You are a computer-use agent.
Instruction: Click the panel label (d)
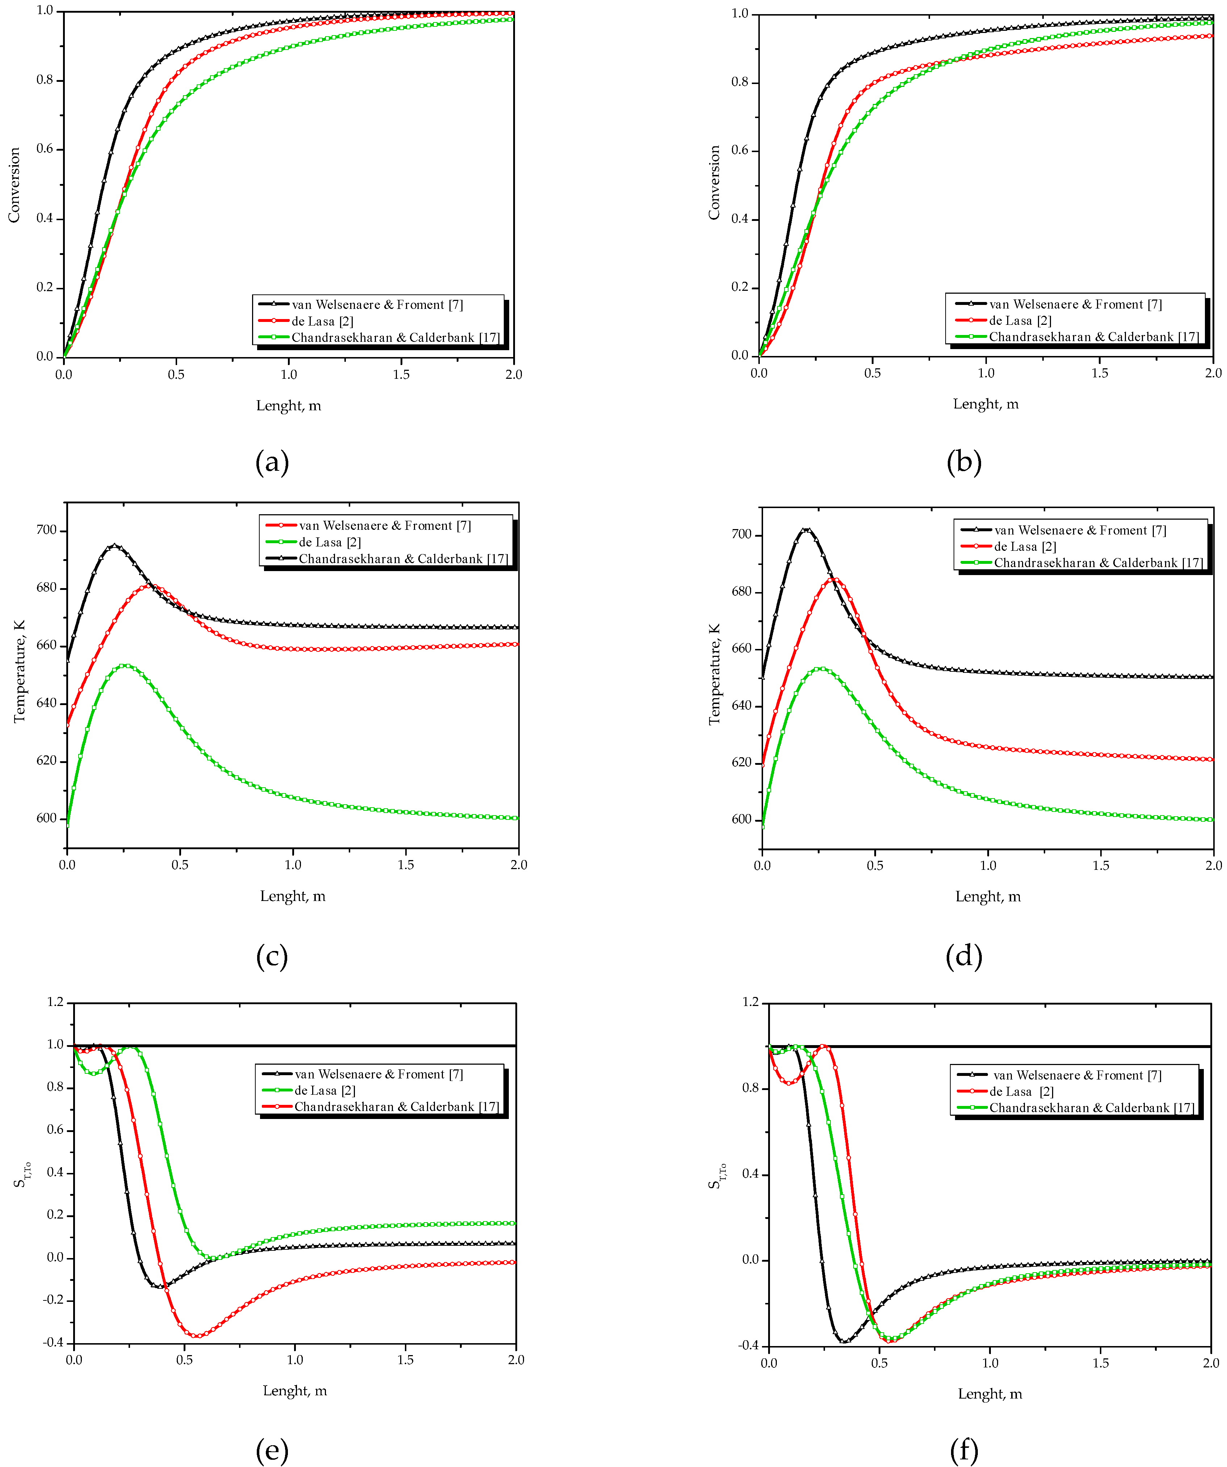point(964,956)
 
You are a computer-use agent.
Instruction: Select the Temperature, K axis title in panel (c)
point(19,671)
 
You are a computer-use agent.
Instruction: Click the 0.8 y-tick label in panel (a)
point(45,80)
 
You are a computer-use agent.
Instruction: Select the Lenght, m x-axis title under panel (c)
point(293,896)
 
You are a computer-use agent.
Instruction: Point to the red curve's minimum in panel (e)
point(198,1336)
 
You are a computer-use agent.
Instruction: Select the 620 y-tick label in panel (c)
point(46,761)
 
